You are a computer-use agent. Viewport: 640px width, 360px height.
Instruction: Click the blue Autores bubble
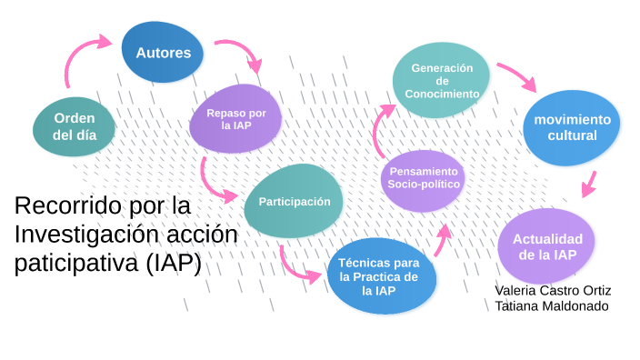point(164,52)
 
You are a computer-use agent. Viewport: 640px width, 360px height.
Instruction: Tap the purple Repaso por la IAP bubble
point(236,118)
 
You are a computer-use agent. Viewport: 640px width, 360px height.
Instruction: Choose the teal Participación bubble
point(294,202)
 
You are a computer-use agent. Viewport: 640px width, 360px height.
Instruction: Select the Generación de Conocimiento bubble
point(443,81)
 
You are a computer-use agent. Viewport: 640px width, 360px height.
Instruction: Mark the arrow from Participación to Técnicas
point(295,263)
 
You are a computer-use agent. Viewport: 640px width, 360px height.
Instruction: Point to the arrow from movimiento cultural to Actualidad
point(589,184)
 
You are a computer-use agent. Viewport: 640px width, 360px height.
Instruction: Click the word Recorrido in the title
point(68,206)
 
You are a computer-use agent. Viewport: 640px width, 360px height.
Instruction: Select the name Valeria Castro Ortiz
point(553,290)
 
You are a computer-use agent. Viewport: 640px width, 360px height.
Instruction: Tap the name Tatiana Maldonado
point(551,306)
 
